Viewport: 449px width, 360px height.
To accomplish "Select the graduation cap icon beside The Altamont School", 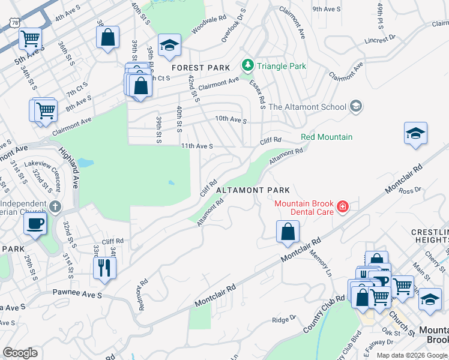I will point(356,107).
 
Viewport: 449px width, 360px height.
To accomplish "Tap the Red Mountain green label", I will point(327,137).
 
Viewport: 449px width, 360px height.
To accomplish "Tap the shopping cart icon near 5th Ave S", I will point(30,39).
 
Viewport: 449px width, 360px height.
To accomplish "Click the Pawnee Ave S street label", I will point(79,295).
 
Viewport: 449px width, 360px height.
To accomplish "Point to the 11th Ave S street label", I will point(197,146).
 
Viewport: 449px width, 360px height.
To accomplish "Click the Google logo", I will point(20,353).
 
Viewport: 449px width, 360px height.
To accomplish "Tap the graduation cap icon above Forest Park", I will point(170,45).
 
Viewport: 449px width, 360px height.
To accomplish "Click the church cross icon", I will point(55,207).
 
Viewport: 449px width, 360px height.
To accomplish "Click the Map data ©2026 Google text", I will point(411,355).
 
